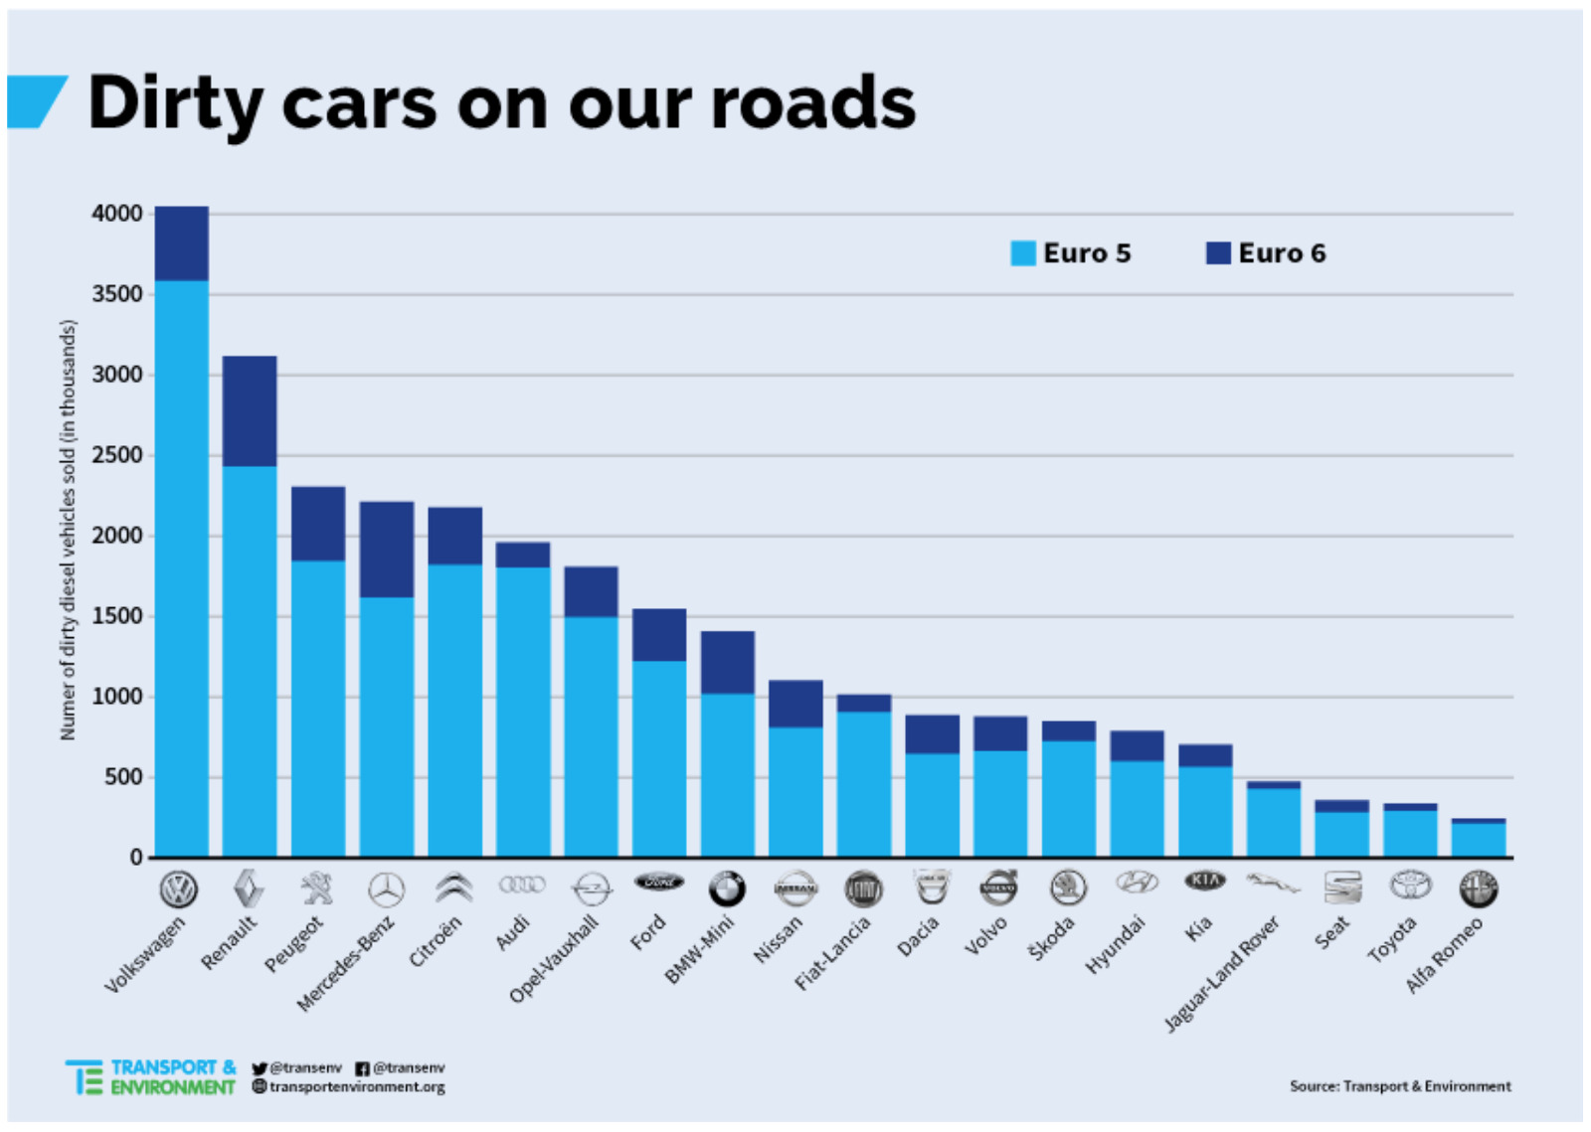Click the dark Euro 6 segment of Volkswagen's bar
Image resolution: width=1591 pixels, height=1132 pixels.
pos(182,243)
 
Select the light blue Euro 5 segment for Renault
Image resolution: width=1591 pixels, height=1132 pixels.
pos(250,661)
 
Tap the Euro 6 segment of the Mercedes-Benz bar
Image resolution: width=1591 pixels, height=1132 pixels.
pos(387,549)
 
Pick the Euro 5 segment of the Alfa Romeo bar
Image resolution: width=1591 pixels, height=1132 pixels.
pos(1479,840)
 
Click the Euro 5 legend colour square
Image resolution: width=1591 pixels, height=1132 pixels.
pos(1023,253)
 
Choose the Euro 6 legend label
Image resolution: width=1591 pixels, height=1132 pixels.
pos(1282,253)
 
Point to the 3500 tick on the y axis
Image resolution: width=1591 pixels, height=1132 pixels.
pos(117,294)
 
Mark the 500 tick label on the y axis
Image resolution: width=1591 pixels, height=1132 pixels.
pos(123,776)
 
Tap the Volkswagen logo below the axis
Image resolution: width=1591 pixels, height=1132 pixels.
pos(179,889)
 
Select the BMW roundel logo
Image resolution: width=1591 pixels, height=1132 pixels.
pos(727,889)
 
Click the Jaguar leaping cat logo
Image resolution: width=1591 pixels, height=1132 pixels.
pos(1272,883)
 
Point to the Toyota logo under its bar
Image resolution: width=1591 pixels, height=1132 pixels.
pos(1410,884)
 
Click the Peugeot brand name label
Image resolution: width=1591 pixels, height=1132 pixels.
pos(294,944)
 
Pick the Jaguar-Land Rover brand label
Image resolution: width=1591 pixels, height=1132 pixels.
pos(1222,974)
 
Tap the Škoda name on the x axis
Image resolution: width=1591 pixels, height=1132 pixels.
pos(1052,937)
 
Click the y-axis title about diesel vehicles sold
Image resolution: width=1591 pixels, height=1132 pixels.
pos(68,529)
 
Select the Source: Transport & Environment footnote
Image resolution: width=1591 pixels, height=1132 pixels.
pos(1400,1086)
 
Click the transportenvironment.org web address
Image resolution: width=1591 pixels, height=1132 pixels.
pos(356,1086)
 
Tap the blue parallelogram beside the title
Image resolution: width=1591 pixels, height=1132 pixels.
pos(36,102)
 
